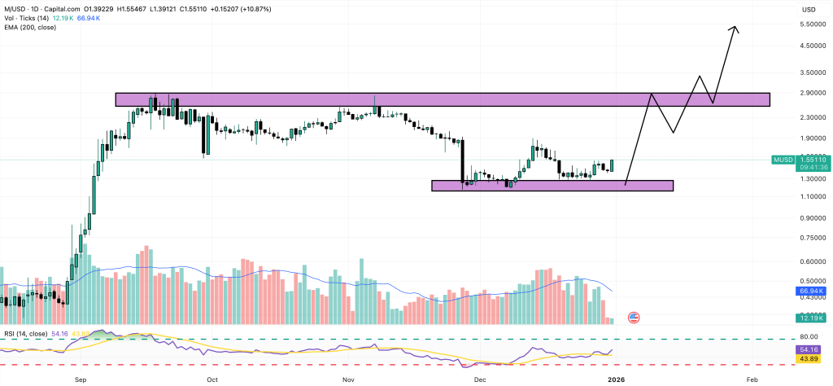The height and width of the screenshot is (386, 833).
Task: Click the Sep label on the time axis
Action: (x=80, y=379)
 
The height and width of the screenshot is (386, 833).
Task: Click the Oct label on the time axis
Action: (x=212, y=379)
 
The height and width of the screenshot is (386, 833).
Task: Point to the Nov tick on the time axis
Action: (x=348, y=379)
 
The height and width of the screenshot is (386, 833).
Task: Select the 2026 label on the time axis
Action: (x=615, y=379)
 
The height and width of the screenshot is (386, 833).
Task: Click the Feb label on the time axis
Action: (x=752, y=379)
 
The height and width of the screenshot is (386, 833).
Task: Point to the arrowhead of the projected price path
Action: (x=735, y=29)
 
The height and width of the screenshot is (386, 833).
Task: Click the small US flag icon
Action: (x=635, y=317)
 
